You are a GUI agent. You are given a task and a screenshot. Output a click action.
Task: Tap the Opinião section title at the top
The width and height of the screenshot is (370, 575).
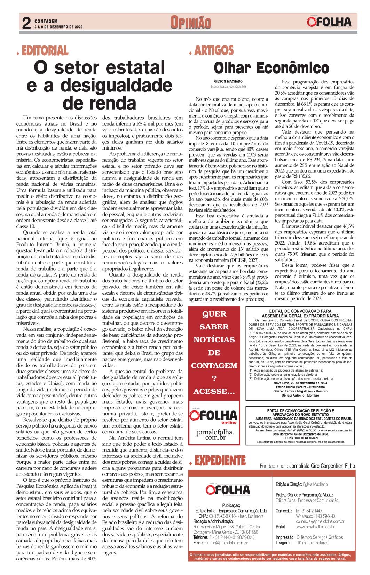click(190, 23)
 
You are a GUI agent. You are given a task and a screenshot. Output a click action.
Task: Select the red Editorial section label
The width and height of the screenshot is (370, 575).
click(45, 51)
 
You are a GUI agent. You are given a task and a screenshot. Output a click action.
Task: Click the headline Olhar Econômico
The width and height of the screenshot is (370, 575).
click(271, 67)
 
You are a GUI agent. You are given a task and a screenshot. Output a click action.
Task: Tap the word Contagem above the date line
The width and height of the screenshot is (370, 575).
click(46, 21)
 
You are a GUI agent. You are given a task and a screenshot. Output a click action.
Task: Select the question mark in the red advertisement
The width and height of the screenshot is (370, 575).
click(214, 379)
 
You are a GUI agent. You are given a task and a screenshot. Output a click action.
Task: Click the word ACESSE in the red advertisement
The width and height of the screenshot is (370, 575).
click(214, 392)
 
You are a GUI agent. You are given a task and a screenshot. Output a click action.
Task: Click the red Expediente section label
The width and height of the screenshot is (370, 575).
click(220, 461)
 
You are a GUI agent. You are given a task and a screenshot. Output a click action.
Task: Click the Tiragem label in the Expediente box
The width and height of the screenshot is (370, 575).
click(283, 543)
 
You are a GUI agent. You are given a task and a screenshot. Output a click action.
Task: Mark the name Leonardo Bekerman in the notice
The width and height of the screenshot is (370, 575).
click(300, 438)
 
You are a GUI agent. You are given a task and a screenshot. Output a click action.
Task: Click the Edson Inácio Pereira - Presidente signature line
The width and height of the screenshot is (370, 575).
click(300, 387)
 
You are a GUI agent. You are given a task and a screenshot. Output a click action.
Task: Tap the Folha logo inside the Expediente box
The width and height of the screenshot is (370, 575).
click(228, 489)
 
